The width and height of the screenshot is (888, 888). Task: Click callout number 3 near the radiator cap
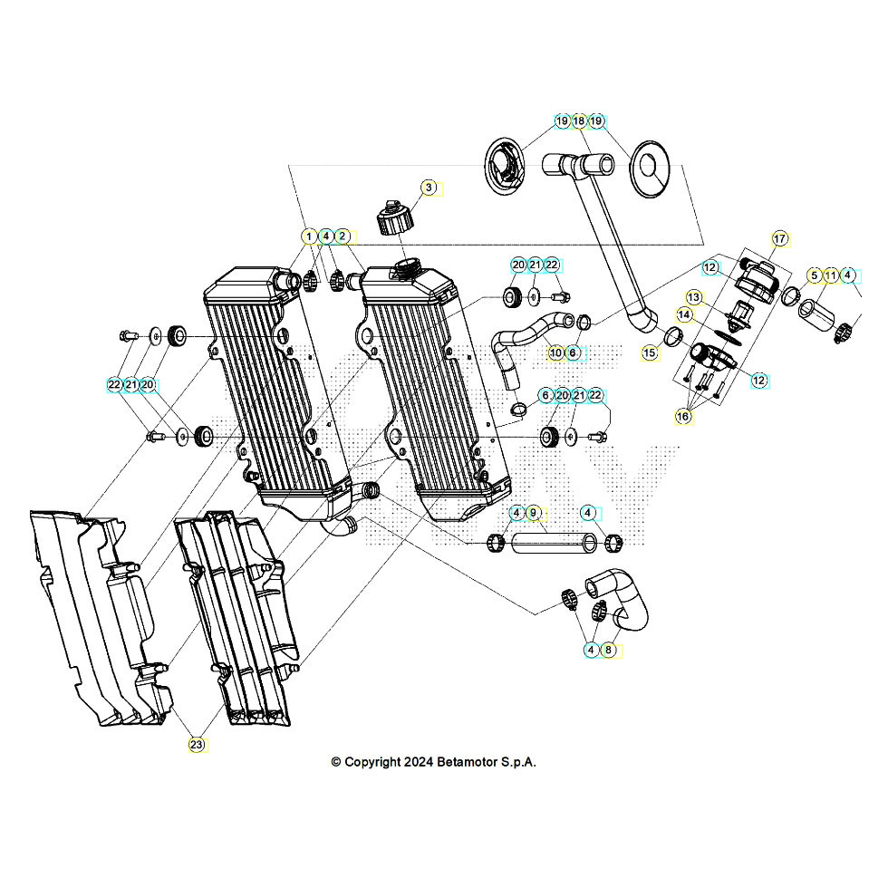pos(430,188)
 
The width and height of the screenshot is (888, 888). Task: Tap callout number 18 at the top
pos(579,121)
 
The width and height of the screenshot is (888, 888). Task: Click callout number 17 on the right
pos(779,238)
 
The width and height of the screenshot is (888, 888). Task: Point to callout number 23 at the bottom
pos(197,745)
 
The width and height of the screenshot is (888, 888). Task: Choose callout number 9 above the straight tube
pos(534,514)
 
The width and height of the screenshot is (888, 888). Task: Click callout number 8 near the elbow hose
pos(608,650)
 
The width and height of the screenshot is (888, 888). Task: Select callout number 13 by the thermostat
pos(693,296)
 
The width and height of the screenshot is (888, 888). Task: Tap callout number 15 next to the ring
pos(650,352)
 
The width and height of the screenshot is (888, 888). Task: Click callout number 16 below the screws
pos(684,416)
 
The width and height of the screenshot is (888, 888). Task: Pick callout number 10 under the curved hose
pos(555,352)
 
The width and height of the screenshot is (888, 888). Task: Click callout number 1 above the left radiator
pos(309,236)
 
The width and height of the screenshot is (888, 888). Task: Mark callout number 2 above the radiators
pos(343,236)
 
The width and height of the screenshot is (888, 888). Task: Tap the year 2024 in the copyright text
pos(415,762)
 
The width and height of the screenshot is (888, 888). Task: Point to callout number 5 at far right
pos(814,275)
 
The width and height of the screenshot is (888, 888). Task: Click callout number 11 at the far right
pos(831,275)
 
